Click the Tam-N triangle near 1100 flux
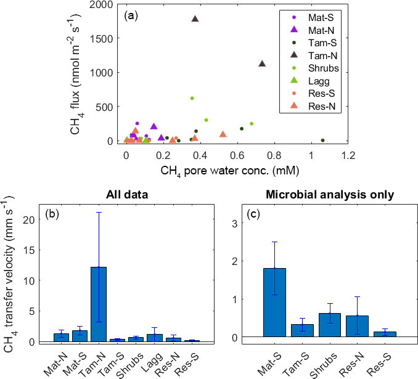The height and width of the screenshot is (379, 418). [x=262, y=63]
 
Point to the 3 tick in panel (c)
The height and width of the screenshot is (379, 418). [x=235, y=223]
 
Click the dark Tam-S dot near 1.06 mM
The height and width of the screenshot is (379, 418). [x=322, y=140]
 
